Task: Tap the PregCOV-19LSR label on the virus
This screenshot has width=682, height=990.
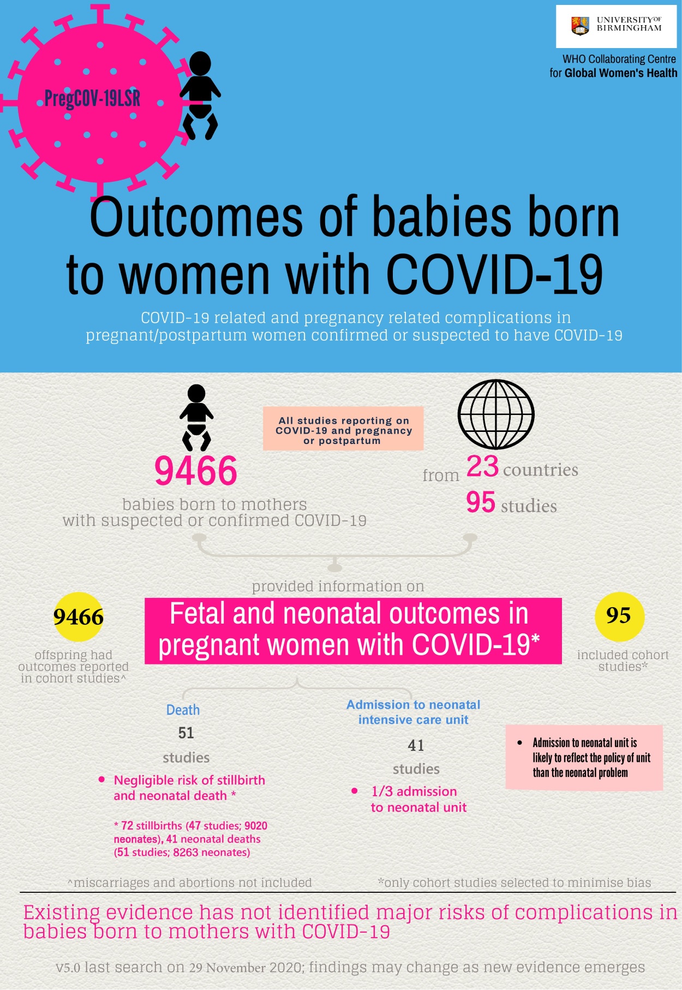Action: (92, 99)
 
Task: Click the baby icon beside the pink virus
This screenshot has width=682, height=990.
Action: (200, 95)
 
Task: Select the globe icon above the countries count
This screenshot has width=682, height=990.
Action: (496, 414)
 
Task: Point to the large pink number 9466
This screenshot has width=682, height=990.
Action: (196, 471)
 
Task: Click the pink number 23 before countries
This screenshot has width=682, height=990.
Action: (482, 467)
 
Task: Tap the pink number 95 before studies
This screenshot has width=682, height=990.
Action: (481, 502)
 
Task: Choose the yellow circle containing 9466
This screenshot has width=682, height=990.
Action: (79, 617)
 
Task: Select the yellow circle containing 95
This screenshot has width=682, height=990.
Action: (619, 616)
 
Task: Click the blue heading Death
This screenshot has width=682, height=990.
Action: (183, 710)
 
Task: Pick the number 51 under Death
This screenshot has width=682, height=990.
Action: (186, 733)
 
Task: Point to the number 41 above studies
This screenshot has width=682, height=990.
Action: (416, 745)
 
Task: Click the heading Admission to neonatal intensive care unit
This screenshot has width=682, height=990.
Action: (413, 712)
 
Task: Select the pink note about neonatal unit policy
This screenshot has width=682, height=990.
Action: (584, 757)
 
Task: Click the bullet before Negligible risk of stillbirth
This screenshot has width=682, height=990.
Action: (101, 780)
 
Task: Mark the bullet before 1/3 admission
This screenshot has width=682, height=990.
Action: (355, 791)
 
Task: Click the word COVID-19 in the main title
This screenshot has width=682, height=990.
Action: (494, 274)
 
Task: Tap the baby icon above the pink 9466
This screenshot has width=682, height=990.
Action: (196, 417)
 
